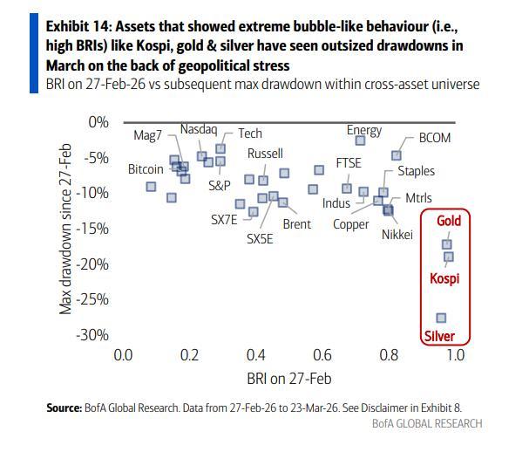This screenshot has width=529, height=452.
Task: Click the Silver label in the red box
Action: pyautogui.click(x=439, y=336)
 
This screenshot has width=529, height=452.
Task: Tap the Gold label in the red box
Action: pyautogui.click(x=448, y=221)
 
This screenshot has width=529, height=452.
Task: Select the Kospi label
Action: pyautogui.click(x=444, y=279)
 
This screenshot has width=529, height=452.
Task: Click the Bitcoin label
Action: pyautogui.click(x=146, y=168)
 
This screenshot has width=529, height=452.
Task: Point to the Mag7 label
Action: pyautogui.click(x=148, y=136)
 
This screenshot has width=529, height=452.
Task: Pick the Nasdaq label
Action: pyautogui.click(x=198, y=129)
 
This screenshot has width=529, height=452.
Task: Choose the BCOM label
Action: pyautogui.click(x=435, y=138)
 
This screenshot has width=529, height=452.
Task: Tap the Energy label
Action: pyautogui.click(x=364, y=131)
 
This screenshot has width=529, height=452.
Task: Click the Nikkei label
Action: pyautogui.click(x=397, y=235)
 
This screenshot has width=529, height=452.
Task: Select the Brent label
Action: pyautogui.click(x=297, y=224)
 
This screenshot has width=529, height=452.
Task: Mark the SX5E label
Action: pyautogui.click(x=260, y=237)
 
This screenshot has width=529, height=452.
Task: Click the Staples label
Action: pyautogui.click(x=416, y=172)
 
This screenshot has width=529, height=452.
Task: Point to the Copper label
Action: pyautogui.click(x=351, y=224)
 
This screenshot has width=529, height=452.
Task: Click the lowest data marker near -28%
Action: pyautogui.click(x=441, y=318)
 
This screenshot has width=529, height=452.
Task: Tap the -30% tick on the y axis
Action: pyautogui.click(x=94, y=335)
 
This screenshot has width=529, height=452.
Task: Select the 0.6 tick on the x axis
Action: pyautogui.click(x=322, y=355)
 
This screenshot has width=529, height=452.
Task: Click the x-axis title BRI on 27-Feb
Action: pyautogui.click(x=288, y=378)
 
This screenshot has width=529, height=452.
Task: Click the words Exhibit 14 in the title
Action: pyautogui.click(x=77, y=28)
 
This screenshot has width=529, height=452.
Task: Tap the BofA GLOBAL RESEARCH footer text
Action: pyautogui.click(x=426, y=424)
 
